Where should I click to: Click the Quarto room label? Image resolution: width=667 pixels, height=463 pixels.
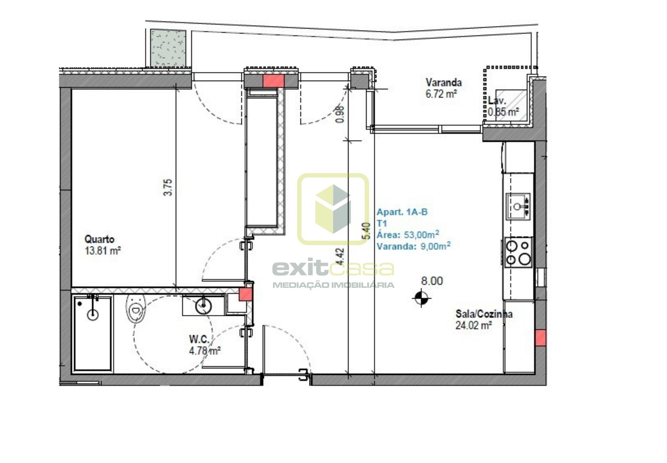(x=99, y=239)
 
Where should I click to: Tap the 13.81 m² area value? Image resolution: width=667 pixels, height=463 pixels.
(x=103, y=251)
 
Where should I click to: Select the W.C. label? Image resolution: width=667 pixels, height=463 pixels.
(x=199, y=339)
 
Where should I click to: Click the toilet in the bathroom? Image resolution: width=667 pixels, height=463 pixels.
(x=135, y=309)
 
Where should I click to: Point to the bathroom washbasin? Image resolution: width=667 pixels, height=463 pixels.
(x=203, y=306)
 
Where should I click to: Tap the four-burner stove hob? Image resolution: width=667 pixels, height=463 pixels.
(x=518, y=252)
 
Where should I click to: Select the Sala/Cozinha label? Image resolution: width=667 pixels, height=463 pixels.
(x=484, y=314)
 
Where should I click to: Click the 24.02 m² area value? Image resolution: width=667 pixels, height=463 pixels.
(x=474, y=326)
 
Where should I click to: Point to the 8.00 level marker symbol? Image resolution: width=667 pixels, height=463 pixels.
(x=421, y=298)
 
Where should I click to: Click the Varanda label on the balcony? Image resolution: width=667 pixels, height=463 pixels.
(x=444, y=83)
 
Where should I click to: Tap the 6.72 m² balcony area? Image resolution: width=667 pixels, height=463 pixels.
(x=441, y=94)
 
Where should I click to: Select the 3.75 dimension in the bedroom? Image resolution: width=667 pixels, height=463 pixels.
(x=168, y=187)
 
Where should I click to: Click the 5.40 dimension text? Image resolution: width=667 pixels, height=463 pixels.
(x=366, y=231)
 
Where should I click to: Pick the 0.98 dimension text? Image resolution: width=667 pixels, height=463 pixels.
(x=340, y=114)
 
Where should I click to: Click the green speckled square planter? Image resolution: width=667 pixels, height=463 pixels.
(x=168, y=48)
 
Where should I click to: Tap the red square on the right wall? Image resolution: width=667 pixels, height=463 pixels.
(x=540, y=338)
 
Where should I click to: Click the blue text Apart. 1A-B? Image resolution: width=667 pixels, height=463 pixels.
(x=402, y=212)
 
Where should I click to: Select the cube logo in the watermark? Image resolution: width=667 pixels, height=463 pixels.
(x=333, y=209)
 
